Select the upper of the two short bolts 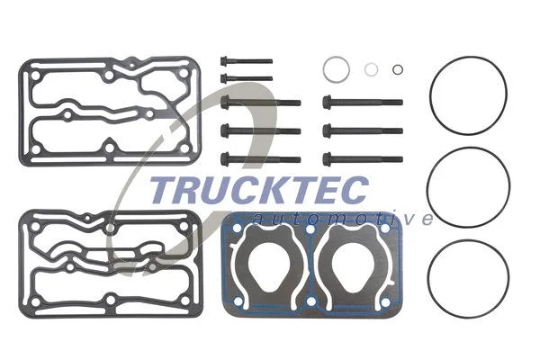[245, 63]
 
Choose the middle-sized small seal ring [372, 68]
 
